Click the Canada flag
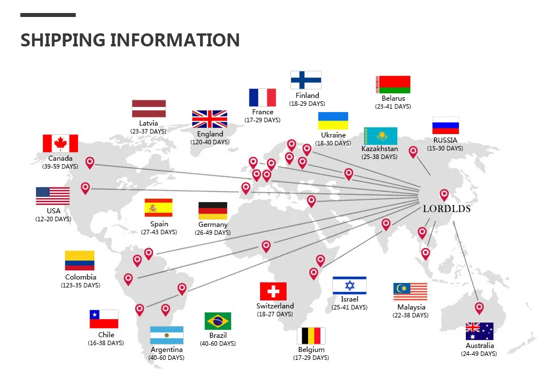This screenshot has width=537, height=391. point(60,143)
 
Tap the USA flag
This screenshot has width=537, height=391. point(53,196)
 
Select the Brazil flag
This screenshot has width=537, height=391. point(218,321)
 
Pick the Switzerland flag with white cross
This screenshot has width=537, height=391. point(273,291)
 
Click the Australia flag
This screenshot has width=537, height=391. point(479,331)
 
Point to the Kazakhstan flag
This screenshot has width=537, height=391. point(380,136)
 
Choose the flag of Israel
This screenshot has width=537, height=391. point(349,286)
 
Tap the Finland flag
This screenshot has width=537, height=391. point(306,80)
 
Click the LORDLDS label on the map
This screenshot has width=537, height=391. point(447,209)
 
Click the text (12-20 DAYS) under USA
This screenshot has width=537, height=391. point(53,219)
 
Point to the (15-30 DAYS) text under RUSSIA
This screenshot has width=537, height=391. point(445,148)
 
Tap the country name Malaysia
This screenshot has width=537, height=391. point(411,307)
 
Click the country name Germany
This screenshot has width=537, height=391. point(213,225)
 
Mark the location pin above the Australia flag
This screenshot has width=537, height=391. point(479,308)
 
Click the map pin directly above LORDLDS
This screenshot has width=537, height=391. point(444,195)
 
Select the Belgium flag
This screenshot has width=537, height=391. point(311,336)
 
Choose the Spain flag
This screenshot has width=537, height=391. point(158,208)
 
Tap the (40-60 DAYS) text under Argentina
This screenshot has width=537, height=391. point(166,358)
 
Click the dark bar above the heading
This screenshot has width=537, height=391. point(48,15)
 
